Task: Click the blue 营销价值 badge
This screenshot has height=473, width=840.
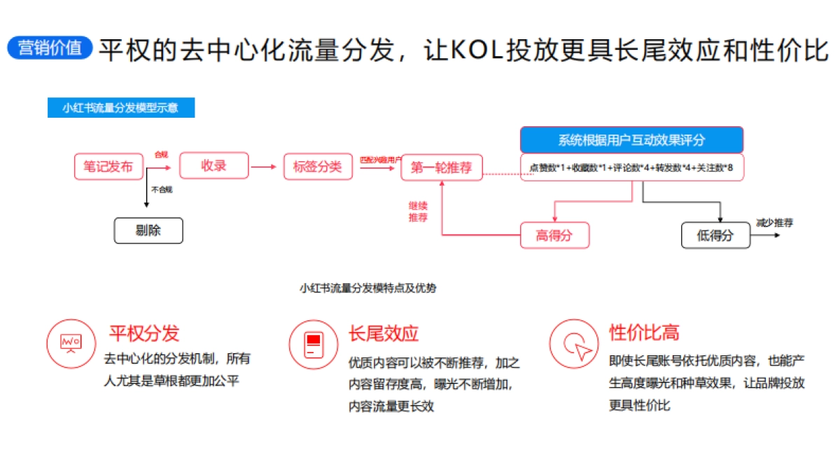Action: click(50, 48)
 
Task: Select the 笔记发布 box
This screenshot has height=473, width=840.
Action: click(108, 167)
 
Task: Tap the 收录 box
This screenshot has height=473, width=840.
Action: click(213, 166)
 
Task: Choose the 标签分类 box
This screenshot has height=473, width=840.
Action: click(318, 167)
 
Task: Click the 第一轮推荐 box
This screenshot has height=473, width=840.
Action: click(442, 167)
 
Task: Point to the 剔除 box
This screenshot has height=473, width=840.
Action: click(148, 231)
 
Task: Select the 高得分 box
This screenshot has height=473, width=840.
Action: click(554, 235)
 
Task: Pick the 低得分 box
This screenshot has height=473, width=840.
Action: click(715, 235)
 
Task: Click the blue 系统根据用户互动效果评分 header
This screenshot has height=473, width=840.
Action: click(631, 140)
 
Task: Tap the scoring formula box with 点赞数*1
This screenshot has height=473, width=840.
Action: click(631, 167)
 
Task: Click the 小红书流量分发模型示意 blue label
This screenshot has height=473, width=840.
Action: click(121, 108)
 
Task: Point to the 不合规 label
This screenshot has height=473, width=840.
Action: click(162, 190)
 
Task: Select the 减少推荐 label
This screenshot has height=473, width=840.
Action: click(774, 223)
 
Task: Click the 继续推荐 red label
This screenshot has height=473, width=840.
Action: click(419, 212)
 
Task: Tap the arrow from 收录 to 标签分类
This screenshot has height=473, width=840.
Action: click(265, 167)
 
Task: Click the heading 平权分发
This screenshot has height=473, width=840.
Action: click(144, 333)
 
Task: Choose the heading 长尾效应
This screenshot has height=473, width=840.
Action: click(384, 333)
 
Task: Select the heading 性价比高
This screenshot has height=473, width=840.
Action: click(644, 332)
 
